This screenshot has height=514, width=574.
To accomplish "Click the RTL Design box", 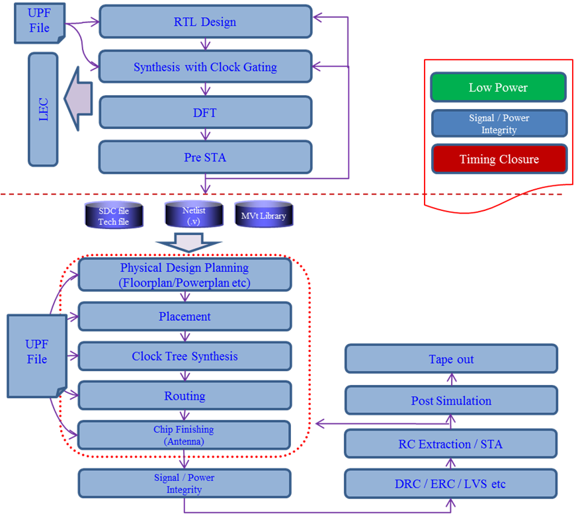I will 205,22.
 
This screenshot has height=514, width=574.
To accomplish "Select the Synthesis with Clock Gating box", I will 205,67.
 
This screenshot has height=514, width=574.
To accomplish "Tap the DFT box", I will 205,112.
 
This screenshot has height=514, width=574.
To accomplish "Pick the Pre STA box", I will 205,157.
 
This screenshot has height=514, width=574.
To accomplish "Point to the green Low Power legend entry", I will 499,87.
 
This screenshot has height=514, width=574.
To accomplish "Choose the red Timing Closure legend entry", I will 499,159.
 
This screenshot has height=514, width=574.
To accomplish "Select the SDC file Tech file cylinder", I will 114,216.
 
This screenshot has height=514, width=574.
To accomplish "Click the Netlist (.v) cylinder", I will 194,215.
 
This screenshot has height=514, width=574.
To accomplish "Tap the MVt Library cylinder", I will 263,216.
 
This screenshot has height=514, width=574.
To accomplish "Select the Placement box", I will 184,317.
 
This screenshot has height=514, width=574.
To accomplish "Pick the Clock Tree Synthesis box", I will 184,356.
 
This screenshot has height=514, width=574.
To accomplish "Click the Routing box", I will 184,396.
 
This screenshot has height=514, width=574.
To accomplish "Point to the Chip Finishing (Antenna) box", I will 184,435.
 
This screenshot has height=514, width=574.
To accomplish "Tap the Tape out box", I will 451,359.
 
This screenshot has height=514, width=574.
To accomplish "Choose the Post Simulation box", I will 451,401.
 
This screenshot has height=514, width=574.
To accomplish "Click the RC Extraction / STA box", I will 451,444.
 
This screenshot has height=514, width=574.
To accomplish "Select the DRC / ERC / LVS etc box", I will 451,484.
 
